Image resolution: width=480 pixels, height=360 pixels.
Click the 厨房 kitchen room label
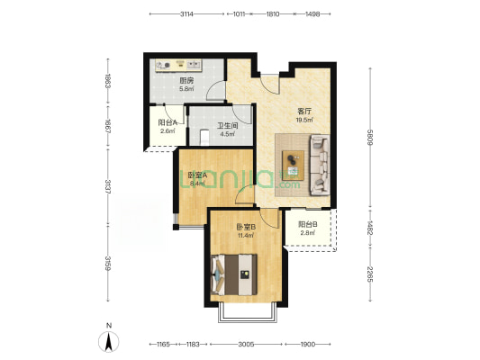point(186,81)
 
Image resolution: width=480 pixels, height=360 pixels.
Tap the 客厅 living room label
point(304,112)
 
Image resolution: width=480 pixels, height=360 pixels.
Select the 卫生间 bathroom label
point(227,126)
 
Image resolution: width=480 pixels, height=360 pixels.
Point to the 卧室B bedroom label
point(246,227)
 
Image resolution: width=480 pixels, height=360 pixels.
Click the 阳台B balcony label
point(308,224)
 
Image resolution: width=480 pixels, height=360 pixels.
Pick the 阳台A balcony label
point(168,122)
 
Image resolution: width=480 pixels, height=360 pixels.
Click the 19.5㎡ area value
point(304,120)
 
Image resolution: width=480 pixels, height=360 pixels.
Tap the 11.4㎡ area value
point(246,235)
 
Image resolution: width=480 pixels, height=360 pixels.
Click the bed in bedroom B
point(234,274)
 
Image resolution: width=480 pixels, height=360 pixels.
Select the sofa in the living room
point(321,166)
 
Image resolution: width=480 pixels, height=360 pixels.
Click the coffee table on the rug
point(293,166)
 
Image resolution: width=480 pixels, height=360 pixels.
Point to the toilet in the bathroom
point(204,137)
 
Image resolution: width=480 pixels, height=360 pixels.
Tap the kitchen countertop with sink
point(178,66)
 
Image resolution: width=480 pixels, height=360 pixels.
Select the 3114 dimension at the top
point(186,14)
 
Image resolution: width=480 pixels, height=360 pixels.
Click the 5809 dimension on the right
point(370,138)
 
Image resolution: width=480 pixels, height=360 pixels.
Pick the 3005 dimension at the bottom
point(246,345)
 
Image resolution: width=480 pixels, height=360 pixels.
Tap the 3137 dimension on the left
point(108,186)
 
